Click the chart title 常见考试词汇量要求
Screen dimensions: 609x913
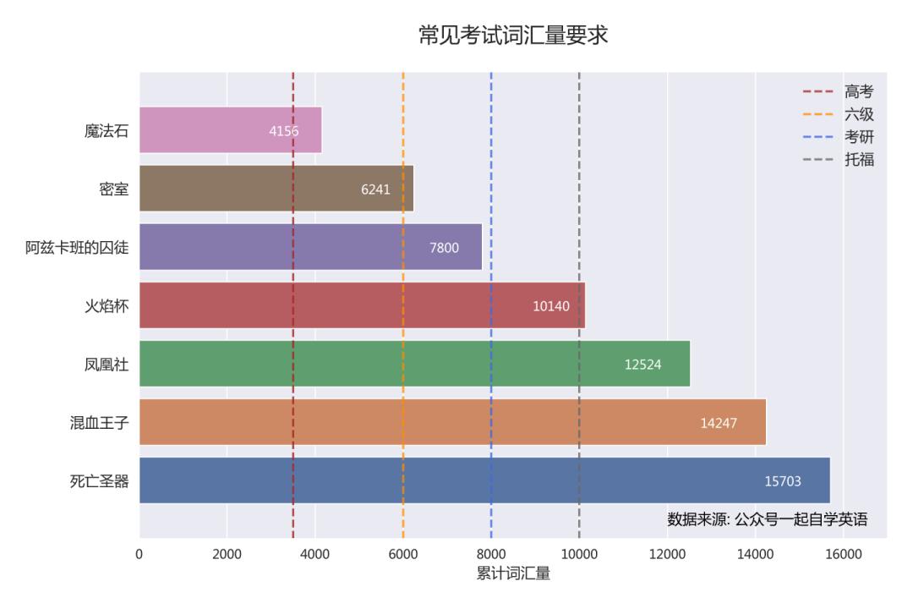(513, 36)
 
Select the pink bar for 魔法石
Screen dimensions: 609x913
(230, 130)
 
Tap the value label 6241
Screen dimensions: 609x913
(375, 189)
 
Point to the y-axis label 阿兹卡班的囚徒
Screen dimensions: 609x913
(77, 247)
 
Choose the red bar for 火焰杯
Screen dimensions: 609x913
(362, 305)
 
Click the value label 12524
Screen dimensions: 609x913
(642, 365)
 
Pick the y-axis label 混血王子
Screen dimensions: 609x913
(100, 422)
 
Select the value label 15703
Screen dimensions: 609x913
(783, 481)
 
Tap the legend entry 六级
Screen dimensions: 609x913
(859, 115)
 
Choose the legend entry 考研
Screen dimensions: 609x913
(859, 137)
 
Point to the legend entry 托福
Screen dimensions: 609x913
(859, 159)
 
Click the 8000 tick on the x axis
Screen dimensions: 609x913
(491, 554)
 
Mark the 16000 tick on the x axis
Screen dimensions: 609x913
(843, 554)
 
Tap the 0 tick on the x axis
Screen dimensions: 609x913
(139, 554)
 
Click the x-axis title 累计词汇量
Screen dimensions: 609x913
(513, 574)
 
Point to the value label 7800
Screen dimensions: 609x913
(445, 248)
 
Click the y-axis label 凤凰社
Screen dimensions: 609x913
(106, 364)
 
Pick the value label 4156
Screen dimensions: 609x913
(283, 131)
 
